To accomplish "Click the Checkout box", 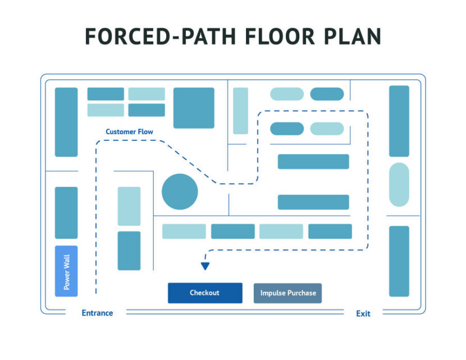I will point(205,293).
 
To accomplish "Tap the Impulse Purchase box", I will point(288,293).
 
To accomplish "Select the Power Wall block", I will point(66,271).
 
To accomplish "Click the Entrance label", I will point(97,313).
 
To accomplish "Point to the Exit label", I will point(363,313).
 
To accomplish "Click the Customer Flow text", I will point(129,132).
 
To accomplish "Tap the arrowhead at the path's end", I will point(205,266).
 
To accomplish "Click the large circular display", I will point(180,192).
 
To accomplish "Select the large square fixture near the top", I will point(194,108).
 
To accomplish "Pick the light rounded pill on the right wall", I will point(399,184).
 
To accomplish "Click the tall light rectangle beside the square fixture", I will point(240,111).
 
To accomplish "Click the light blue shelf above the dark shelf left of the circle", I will point(129,206).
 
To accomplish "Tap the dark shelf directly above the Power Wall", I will point(66,213).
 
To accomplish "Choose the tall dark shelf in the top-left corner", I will point(66,122).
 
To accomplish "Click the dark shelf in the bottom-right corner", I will point(399,261).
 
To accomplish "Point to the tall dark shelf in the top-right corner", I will point(399,121).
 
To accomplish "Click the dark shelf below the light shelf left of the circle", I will point(129,250).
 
